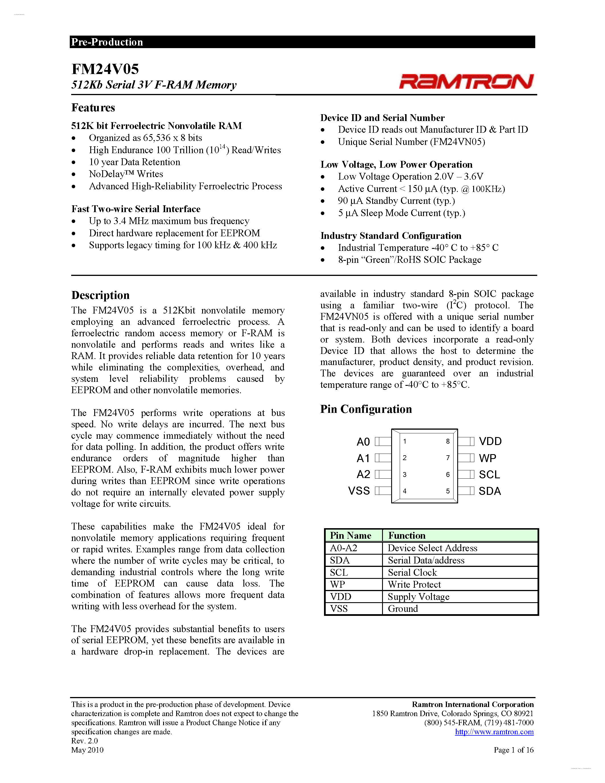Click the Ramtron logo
[466, 81]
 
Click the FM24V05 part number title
[105, 69]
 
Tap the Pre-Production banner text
[107, 42]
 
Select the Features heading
[93, 108]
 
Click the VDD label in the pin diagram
[490, 441]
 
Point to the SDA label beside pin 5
[490, 491]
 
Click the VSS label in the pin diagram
[359, 491]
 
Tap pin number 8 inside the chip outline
[448, 441]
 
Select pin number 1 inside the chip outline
[405, 441]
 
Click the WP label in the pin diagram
[487, 458]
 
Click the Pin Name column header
[350, 536]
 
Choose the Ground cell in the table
[403, 609]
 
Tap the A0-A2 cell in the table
[343, 548]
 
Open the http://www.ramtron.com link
[494, 732]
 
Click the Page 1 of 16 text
[513, 750]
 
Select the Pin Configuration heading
[366, 409]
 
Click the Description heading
[100, 295]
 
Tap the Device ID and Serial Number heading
[382, 118]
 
